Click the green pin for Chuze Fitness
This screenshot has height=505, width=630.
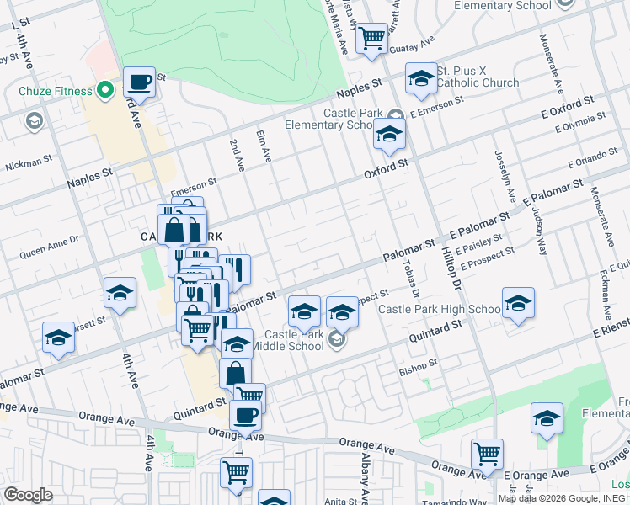105,89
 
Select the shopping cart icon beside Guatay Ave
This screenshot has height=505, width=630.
371,39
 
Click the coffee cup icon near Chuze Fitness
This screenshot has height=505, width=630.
139,82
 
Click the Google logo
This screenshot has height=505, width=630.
28,495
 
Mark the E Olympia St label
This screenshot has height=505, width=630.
580,124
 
